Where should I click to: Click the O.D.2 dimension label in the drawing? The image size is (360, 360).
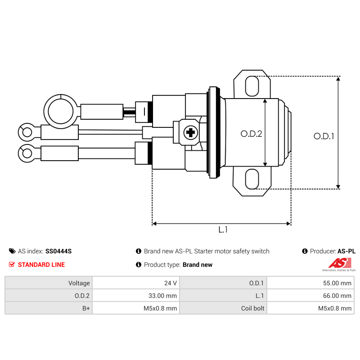(251, 134)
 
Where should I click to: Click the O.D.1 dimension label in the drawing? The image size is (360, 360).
(324, 136)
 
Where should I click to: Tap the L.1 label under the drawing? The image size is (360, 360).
(223, 230)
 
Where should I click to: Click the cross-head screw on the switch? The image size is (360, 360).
(191, 132)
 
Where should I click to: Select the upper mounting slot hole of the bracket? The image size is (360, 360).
(252, 86)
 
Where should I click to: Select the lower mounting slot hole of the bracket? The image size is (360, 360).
(252, 180)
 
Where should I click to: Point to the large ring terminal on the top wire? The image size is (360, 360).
(60, 110)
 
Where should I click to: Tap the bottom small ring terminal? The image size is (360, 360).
(27, 153)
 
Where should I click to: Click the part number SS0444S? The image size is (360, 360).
(58, 251)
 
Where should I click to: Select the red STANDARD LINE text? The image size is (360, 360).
(41, 265)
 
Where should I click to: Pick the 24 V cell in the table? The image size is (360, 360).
(135, 283)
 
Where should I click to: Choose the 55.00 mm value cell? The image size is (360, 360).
(310, 283)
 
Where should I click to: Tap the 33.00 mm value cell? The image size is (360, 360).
(135, 296)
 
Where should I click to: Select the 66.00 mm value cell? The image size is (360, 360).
(310, 296)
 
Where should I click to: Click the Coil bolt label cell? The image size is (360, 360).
(223, 308)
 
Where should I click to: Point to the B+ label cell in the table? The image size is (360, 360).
(48, 308)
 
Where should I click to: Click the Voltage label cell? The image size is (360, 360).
(48, 283)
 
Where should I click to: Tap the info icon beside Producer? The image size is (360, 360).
(305, 251)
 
